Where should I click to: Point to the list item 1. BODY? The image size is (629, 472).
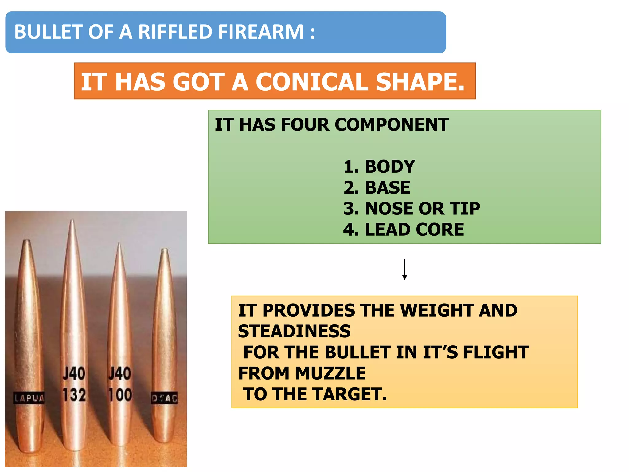379,167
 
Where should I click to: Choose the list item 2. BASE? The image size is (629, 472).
377,187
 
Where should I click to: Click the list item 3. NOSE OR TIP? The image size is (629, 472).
412,209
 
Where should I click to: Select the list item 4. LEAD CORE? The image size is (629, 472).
403,230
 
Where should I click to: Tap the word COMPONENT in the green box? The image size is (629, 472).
391,125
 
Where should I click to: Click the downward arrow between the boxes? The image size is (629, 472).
404,269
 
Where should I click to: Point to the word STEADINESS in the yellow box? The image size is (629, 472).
294,331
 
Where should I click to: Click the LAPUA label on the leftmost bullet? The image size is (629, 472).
29,398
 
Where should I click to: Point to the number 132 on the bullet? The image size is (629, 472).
74,395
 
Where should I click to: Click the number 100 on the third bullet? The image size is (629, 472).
120,395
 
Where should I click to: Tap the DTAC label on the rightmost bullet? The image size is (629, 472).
165,398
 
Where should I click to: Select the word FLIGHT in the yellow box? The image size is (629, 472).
495,352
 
